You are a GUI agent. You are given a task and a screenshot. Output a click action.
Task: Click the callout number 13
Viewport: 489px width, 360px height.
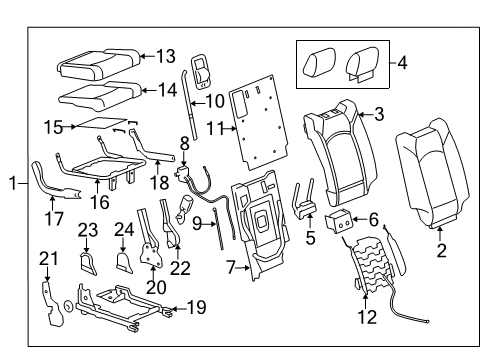click(x=165, y=56)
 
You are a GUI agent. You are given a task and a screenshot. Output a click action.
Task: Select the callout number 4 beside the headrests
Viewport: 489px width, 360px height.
click(x=402, y=63)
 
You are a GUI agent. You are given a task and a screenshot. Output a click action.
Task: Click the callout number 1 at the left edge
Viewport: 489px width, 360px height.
click(x=11, y=183)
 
